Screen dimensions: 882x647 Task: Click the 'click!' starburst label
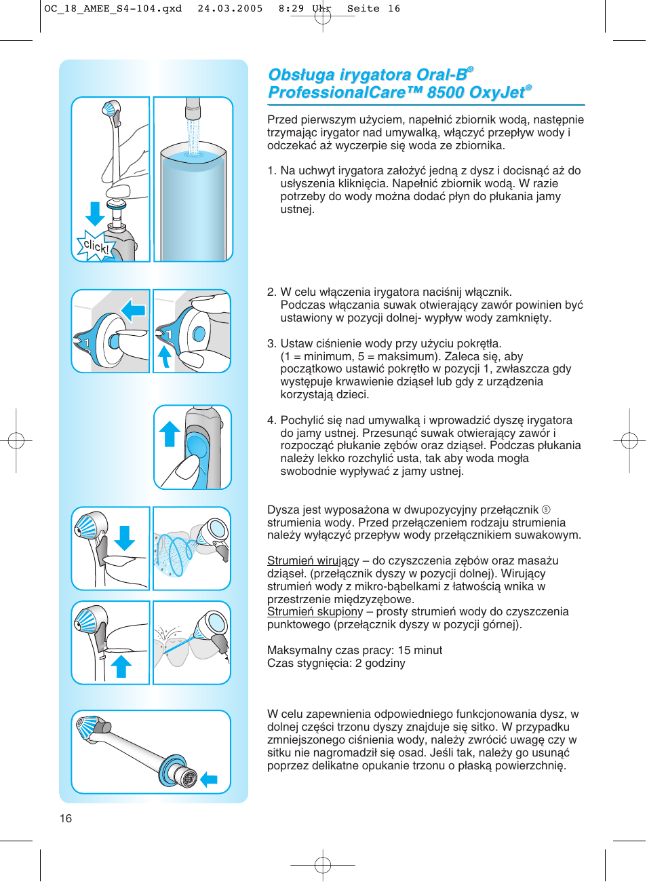(x=95, y=246)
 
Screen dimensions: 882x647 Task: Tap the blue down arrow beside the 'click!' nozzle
(x=95, y=213)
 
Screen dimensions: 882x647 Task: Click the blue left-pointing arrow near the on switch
(x=134, y=311)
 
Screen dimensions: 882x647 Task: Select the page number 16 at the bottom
(x=66, y=818)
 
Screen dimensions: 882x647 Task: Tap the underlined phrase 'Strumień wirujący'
(x=313, y=560)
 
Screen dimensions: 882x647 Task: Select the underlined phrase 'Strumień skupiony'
(x=315, y=611)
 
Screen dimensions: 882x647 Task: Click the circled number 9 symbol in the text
(x=546, y=510)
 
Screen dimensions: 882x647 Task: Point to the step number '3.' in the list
(x=271, y=343)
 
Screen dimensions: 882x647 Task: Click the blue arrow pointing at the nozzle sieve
(x=209, y=780)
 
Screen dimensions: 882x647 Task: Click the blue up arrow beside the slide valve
(x=170, y=434)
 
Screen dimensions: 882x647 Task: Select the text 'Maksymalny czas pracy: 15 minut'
(x=354, y=650)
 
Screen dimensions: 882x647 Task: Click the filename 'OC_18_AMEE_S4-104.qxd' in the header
(x=113, y=9)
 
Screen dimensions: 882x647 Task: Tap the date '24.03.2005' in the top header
(x=230, y=9)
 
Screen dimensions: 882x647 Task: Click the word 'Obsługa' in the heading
(x=302, y=75)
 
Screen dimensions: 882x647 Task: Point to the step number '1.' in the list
(x=271, y=170)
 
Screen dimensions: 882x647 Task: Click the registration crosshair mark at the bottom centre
(x=323, y=865)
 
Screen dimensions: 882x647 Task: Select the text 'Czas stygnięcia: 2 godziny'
(x=336, y=663)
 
